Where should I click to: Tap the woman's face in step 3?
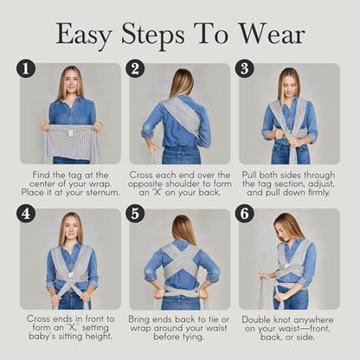pyautogui.click(x=289, y=83)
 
